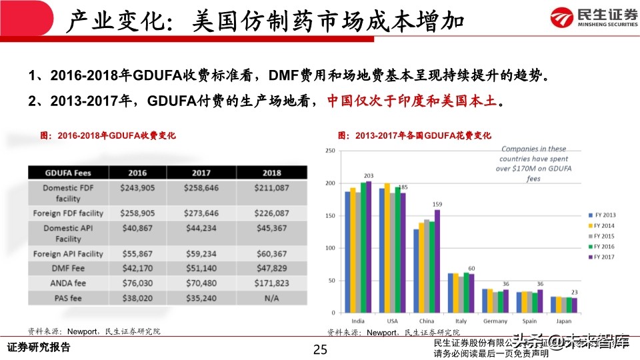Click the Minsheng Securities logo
tap(586, 17)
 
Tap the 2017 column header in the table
tap(201, 172)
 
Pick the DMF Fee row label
tap(68, 267)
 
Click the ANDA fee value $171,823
tap(271, 283)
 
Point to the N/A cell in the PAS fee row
tap(271, 298)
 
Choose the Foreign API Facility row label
tap(68, 253)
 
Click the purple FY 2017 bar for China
tap(437, 261)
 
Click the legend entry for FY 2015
tap(603, 236)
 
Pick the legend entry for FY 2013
tap(603, 215)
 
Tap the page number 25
tap(320, 349)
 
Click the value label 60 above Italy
tap(471, 268)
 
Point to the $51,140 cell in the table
tap(201, 267)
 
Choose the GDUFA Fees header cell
tap(68, 172)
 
